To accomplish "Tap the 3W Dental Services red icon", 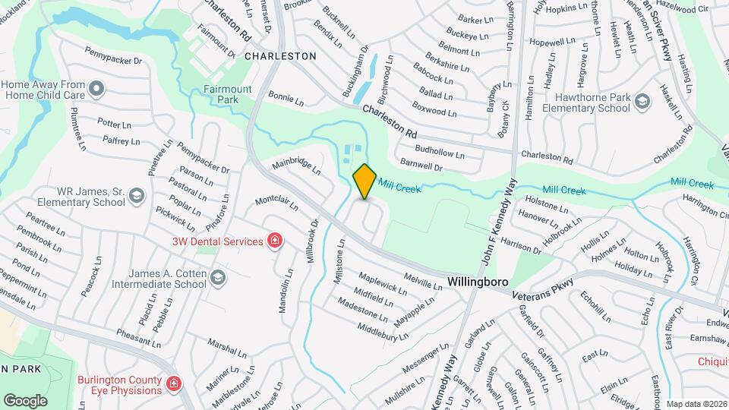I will click(x=274, y=242).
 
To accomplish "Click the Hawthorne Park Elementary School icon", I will click(x=642, y=102).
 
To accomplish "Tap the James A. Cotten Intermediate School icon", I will click(x=218, y=278).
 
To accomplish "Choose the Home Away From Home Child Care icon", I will click(x=96, y=90).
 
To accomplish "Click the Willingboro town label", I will click(x=478, y=281).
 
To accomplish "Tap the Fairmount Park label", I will click(x=227, y=94).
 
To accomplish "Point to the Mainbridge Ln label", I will click(x=297, y=166).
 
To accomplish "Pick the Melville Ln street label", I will click(x=422, y=281).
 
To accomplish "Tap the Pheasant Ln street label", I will click(x=137, y=336).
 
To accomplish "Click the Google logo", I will click(x=25, y=400).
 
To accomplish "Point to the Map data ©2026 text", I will click(x=696, y=404).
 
